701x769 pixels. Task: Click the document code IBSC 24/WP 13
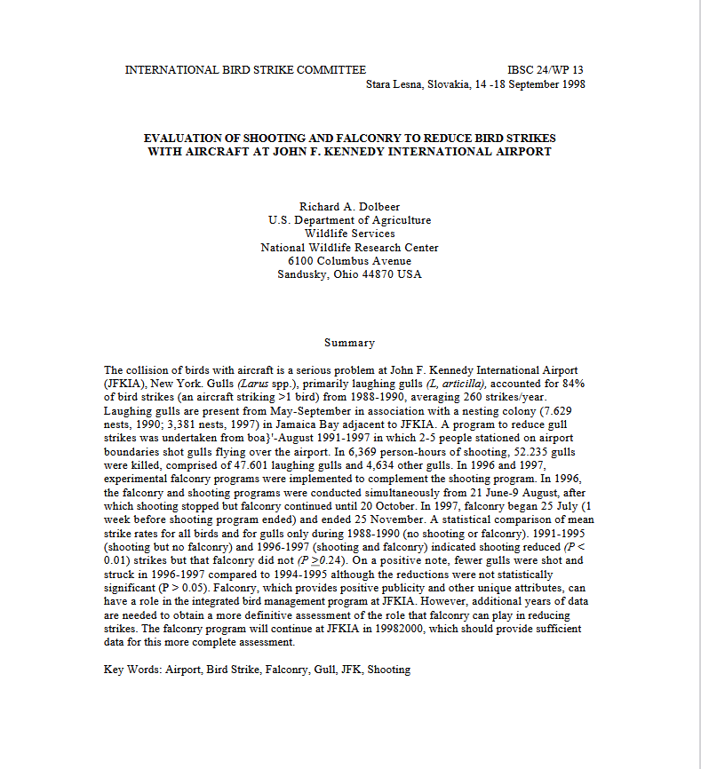pos(546,70)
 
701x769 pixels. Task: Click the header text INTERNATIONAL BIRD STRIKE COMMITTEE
pos(245,70)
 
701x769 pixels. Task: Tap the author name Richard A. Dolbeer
pos(349,207)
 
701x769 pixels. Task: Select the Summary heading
pos(349,343)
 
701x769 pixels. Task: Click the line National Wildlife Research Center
pos(349,248)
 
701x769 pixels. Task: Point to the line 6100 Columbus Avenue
pos(349,261)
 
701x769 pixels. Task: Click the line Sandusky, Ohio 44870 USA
pos(349,274)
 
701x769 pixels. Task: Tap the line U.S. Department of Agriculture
pos(349,220)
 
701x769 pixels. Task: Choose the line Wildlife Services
pos(349,234)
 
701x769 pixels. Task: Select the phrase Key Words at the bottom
pos(132,670)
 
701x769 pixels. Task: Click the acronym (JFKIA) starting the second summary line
pos(125,383)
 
